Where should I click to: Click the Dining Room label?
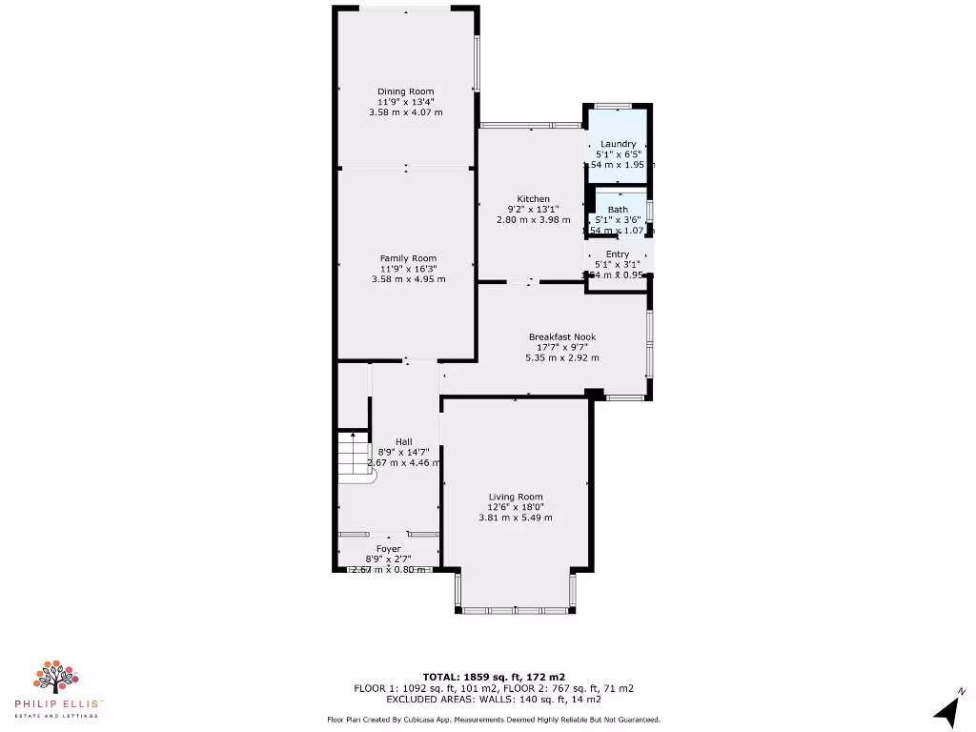coord(405,91)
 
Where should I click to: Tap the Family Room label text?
coord(408,258)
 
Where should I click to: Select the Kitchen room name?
coord(533,199)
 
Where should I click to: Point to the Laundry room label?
coord(618,144)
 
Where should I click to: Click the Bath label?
coord(618,210)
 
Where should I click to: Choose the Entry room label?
coord(618,254)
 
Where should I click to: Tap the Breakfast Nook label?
coord(562,336)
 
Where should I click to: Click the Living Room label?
coord(516,497)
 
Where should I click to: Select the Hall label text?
coord(404,441)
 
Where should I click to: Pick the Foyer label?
coord(388,549)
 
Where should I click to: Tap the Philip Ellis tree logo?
coord(56,676)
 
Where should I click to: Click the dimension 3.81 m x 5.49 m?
coord(516,518)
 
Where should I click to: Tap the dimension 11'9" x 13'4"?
coord(405,102)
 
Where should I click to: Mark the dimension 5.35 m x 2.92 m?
coord(562,357)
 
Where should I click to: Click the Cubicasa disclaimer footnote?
coord(494,720)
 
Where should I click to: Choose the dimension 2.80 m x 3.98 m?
coord(533,220)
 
